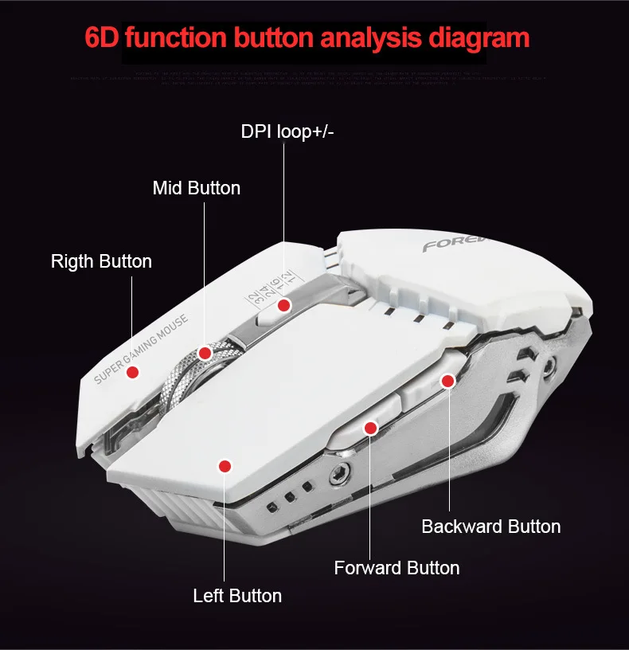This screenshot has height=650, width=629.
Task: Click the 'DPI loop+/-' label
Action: (x=287, y=131)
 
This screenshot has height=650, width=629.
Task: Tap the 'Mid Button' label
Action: (x=196, y=189)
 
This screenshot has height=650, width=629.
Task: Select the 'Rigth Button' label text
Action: (x=101, y=261)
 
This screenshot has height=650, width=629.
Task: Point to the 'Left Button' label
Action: (x=237, y=596)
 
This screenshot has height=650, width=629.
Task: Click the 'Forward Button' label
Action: (x=397, y=568)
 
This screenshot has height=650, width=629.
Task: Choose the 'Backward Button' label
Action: (x=490, y=527)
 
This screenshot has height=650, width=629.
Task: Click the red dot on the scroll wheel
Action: (x=205, y=353)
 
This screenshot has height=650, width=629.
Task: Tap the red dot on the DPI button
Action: (x=284, y=305)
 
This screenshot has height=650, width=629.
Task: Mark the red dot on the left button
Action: (x=225, y=466)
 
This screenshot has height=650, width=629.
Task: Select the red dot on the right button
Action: (x=133, y=371)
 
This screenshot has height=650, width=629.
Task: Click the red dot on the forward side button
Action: (x=370, y=428)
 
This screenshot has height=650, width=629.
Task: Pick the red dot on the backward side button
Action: (x=447, y=382)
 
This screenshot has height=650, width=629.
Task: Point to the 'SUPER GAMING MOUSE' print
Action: (x=141, y=349)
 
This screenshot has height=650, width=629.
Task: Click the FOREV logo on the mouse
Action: (x=446, y=245)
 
